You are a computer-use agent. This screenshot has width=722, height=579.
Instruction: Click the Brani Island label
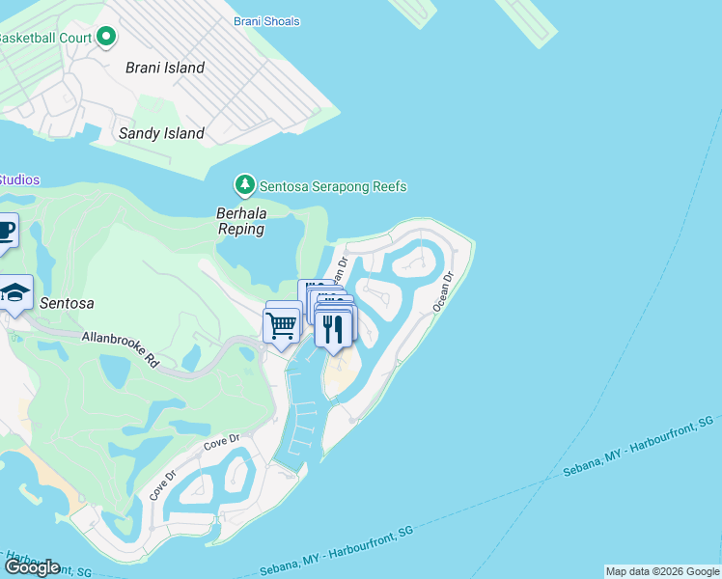pos(165,68)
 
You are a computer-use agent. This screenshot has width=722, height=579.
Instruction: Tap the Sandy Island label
pos(161,133)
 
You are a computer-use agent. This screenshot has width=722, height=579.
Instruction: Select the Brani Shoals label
pos(266,21)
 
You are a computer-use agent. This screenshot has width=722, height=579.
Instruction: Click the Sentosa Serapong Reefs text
pos(334,186)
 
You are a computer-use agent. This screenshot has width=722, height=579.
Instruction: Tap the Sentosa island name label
pos(67,303)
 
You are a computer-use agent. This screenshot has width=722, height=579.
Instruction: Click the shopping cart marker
pos(281,326)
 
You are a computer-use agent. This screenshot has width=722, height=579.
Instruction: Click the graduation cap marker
pos(15,293)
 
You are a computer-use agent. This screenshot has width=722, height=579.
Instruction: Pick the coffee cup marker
pos(6,231)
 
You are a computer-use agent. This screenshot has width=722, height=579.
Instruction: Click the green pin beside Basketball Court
pos(106,38)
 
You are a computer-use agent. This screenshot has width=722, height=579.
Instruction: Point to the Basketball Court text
pos(44,38)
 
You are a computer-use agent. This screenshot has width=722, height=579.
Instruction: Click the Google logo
pos(33,567)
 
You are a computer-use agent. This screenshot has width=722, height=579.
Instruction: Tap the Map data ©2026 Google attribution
pos(662,571)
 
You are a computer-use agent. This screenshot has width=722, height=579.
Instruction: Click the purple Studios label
pos(19,179)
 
